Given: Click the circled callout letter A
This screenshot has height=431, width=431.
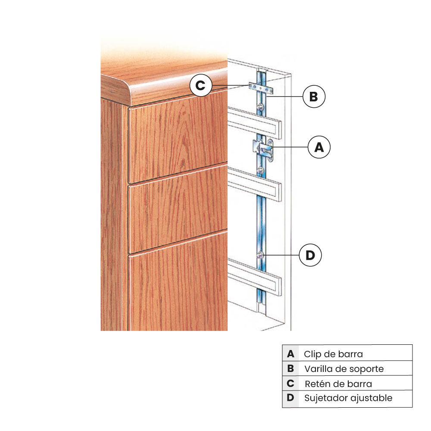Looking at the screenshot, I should point(319,147).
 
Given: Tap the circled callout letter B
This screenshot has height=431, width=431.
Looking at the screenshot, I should point(313,97).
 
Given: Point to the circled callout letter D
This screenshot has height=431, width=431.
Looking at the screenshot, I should point(310,255).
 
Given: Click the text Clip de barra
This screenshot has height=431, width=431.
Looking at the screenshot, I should point(333,354).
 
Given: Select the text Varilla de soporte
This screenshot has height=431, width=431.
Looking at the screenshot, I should point(344,369).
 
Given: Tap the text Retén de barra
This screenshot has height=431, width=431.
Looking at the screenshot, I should point(338,384).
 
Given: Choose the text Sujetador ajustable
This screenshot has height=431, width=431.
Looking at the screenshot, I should point(348,398).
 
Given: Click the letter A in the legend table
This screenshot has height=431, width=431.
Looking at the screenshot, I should point(290,354).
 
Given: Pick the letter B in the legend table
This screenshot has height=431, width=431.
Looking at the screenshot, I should point(290,369).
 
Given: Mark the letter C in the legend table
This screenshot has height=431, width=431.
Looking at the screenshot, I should point(290,384).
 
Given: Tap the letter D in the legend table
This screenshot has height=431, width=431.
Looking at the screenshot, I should point(290,398).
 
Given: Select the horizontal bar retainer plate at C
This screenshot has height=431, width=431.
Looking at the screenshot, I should point(261,88).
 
